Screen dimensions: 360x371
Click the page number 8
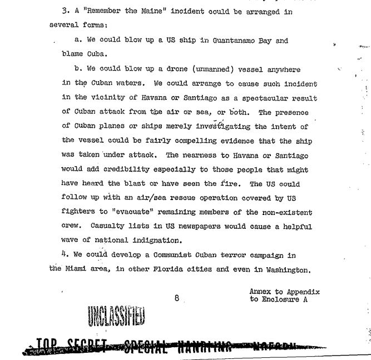176,298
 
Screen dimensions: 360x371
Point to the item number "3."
61,12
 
